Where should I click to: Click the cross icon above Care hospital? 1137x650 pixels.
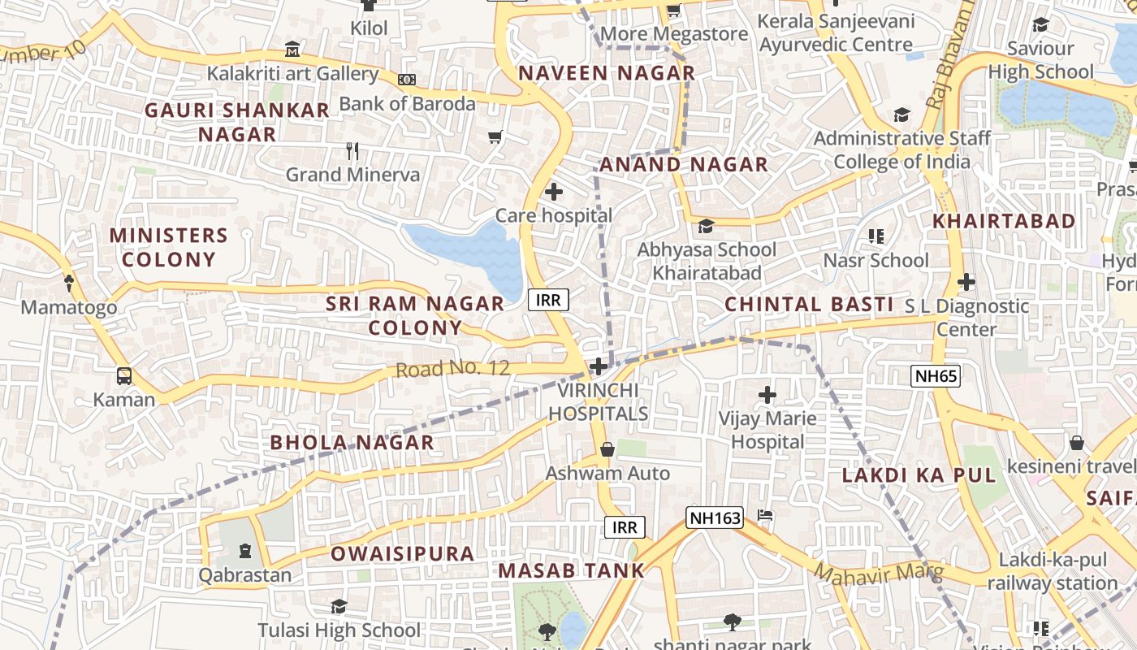pos(554,193)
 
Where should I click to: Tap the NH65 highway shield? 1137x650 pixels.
pos(936,375)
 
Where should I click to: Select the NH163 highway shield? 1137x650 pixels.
pos(715,518)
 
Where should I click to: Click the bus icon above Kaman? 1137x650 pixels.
pos(124,376)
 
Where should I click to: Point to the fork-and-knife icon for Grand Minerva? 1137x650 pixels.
pos(352,151)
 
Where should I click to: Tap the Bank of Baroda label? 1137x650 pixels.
pos(407,104)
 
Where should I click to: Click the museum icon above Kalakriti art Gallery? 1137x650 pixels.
pos(292,50)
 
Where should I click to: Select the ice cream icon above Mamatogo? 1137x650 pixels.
pos(69,284)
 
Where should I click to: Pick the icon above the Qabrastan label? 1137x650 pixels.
pos(245,551)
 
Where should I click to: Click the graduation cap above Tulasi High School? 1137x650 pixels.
pos(339,606)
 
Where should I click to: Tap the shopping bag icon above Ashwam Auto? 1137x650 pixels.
pos(607,449)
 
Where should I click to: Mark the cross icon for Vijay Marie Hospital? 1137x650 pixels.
pos(767,396)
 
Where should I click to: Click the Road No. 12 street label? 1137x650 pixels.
pos(452,369)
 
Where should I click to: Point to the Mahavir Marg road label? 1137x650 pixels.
pos(880,573)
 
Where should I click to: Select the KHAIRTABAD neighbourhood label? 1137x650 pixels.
pos(1004,221)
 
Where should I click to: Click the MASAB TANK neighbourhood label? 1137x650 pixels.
pos(571,570)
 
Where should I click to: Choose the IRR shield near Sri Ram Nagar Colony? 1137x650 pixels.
pos(549,300)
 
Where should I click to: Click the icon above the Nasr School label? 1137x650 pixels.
pos(875,236)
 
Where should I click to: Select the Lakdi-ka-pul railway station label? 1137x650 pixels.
pos(1053,571)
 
